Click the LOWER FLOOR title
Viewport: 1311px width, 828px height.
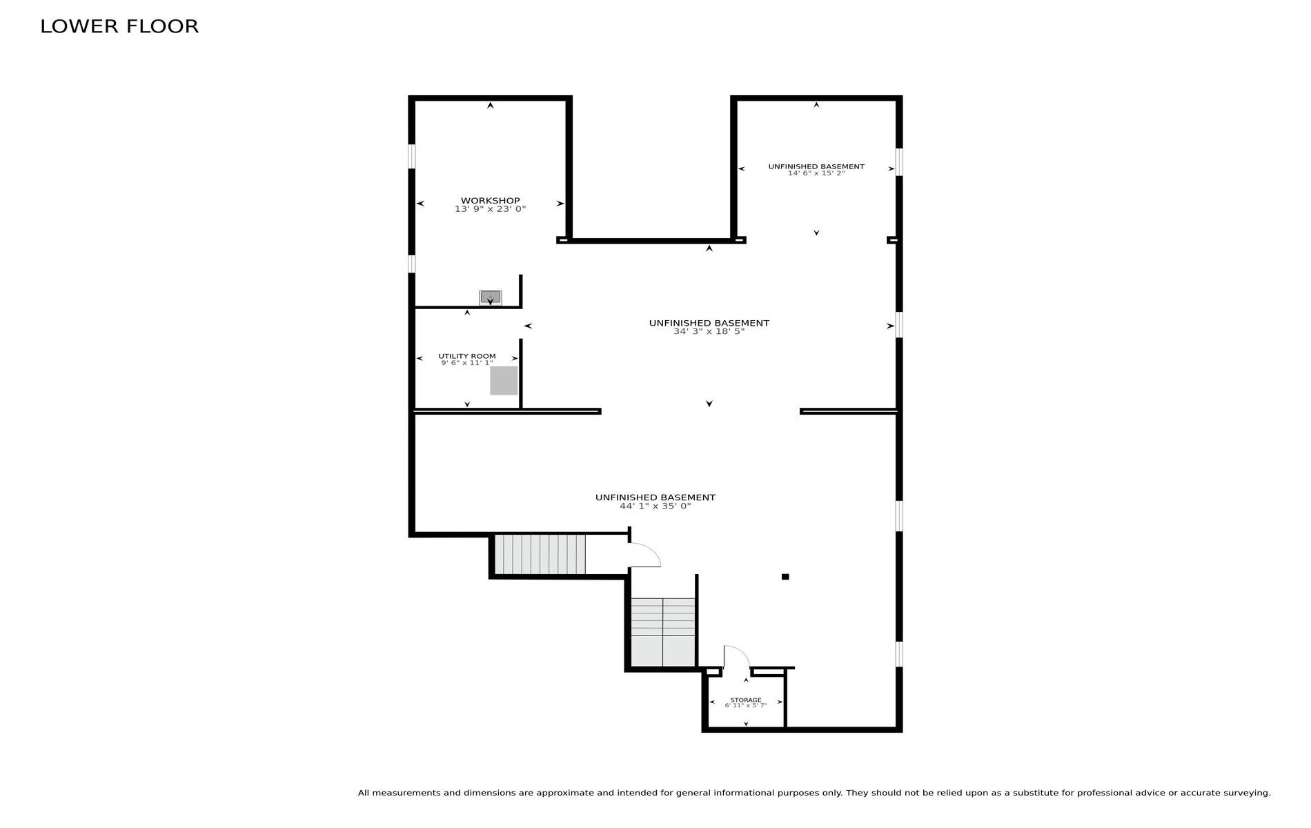pyautogui.click(x=119, y=26)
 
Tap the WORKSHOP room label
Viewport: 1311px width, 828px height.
pyautogui.click(x=491, y=201)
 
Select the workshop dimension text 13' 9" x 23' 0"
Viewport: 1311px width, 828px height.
pyautogui.click(x=491, y=209)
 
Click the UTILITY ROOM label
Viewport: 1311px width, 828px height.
pyautogui.click(x=467, y=356)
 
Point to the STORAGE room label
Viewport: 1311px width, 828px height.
pyautogui.click(x=746, y=700)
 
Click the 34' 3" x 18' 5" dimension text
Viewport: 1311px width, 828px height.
pyautogui.click(x=709, y=332)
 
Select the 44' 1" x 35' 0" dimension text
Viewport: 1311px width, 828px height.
pyautogui.click(x=655, y=506)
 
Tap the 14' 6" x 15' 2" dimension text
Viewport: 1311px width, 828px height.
pyautogui.click(x=816, y=173)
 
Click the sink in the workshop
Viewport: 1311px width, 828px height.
pyautogui.click(x=491, y=297)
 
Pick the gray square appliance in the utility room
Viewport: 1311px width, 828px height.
pyautogui.click(x=504, y=381)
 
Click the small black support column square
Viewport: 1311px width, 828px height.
pyautogui.click(x=785, y=577)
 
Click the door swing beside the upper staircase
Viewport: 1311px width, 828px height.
pyautogui.click(x=644, y=555)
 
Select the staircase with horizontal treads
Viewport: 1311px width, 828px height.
pyautogui.click(x=663, y=632)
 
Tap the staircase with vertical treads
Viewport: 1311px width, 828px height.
pyautogui.click(x=540, y=554)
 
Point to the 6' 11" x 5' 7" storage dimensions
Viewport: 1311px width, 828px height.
pyautogui.click(x=746, y=706)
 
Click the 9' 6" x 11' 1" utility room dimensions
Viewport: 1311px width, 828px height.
pyautogui.click(x=467, y=363)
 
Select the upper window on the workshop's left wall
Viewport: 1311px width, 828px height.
pyautogui.click(x=412, y=156)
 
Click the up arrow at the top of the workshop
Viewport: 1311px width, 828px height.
pyautogui.click(x=491, y=106)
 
